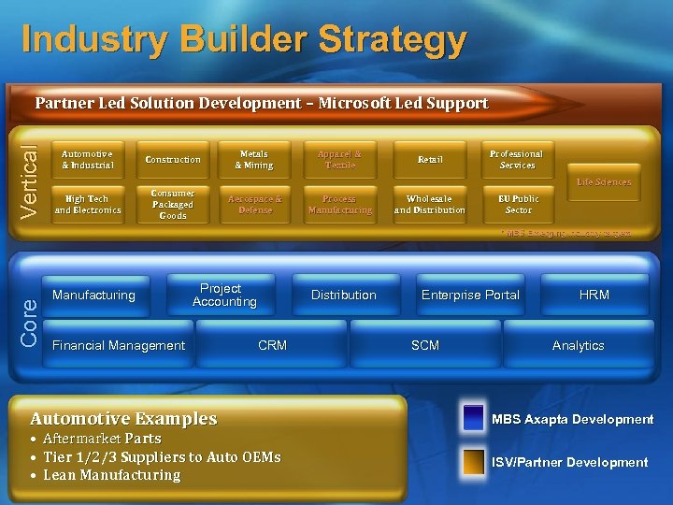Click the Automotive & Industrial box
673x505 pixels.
point(87,160)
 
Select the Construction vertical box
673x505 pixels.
point(173,160)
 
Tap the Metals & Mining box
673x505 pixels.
point(254,160)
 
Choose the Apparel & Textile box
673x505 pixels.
point(339,160)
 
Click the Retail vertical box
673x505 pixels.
point(430,160)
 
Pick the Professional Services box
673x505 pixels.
point(517,160)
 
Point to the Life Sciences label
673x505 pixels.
point(604,182)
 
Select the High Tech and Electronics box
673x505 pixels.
point(87,205)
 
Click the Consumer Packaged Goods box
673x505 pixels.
point(173,205)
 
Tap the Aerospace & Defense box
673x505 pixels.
point(254,205)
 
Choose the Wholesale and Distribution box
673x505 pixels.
point(430,205)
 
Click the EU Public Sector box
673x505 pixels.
point(517,205)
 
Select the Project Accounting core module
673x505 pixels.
point(224,296)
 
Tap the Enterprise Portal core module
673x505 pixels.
point(470,296)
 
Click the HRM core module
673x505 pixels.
point(594,296)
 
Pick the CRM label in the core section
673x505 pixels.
point(272,346)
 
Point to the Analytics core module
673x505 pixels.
point(578,346)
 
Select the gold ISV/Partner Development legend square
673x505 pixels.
point(474,462)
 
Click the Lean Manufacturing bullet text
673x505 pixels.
point(111,475)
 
